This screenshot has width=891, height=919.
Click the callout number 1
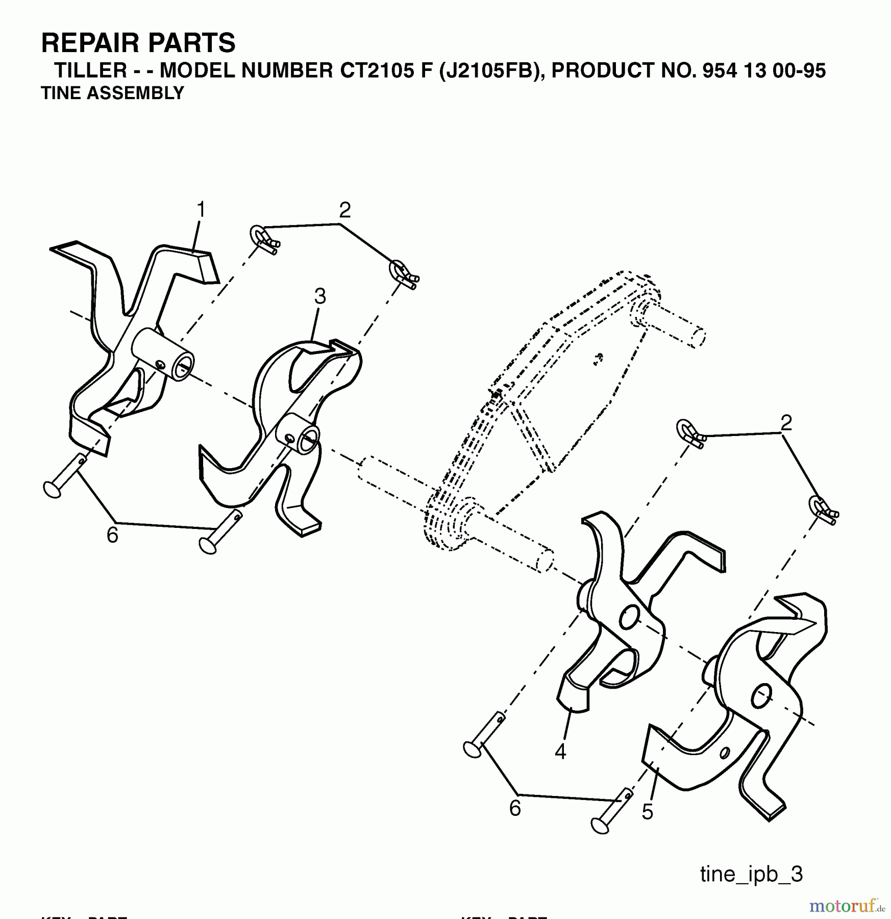point(201,210)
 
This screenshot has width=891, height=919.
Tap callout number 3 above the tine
point(320,296)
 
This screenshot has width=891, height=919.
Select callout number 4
point(560,752)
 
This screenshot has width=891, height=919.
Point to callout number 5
point(647,812)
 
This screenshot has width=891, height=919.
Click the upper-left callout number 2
point(345,210)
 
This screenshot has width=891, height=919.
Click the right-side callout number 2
point(786,423)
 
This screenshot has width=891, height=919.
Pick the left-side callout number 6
point(112,535)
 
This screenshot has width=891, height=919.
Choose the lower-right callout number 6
point(515,808)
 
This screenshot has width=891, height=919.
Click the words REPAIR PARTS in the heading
point(138,43)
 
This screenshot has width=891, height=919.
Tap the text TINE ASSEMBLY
point(112,93)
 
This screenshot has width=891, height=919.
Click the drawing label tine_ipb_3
point(751,875)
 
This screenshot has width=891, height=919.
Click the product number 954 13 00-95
point(764,71)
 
